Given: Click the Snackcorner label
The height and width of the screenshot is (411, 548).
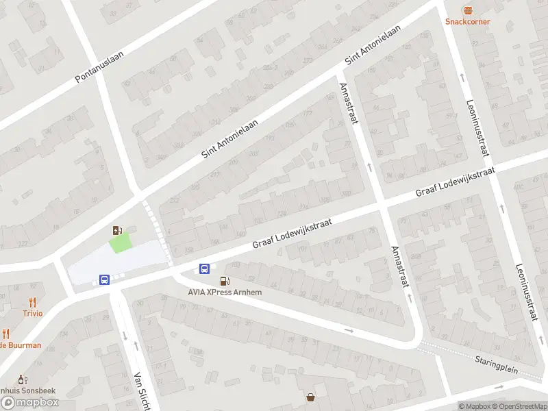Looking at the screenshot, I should click(468, 21).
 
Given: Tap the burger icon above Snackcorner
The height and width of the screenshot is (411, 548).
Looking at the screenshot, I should click(468, 10).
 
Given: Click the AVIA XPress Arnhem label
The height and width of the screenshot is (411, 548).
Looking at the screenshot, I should click(225, 292).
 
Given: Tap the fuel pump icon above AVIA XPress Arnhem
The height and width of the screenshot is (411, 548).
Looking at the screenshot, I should click(224, 281).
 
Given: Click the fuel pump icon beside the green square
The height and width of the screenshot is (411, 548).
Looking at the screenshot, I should click(118, 230).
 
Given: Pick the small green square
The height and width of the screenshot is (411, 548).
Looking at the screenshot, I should click(121, 242).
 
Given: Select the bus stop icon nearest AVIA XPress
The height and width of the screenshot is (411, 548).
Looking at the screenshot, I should click(205, 269).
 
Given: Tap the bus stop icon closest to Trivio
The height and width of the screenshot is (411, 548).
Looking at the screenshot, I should click(104, 279).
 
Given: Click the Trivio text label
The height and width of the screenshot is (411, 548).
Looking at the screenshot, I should click(32, 313).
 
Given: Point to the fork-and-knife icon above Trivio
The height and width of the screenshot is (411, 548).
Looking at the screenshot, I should click(32, 302).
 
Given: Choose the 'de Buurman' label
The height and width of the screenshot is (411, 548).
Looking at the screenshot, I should click(21, 345).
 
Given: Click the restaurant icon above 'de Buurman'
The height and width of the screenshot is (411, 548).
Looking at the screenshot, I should click(6, 334).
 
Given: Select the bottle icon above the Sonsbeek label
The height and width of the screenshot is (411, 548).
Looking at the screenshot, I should click(21, 379).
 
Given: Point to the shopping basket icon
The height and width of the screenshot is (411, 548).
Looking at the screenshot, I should click(311, 397).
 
